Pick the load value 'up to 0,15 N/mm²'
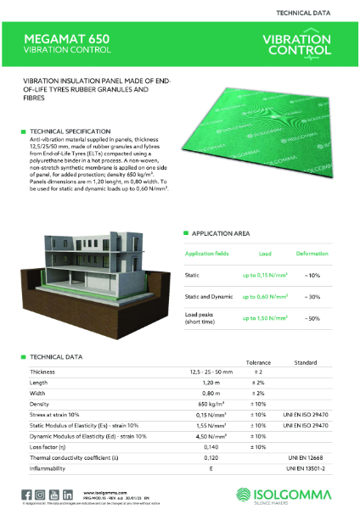pyautogui.click(x=264, y=274)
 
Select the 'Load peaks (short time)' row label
pyautogui.click(x=201, y=318)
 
